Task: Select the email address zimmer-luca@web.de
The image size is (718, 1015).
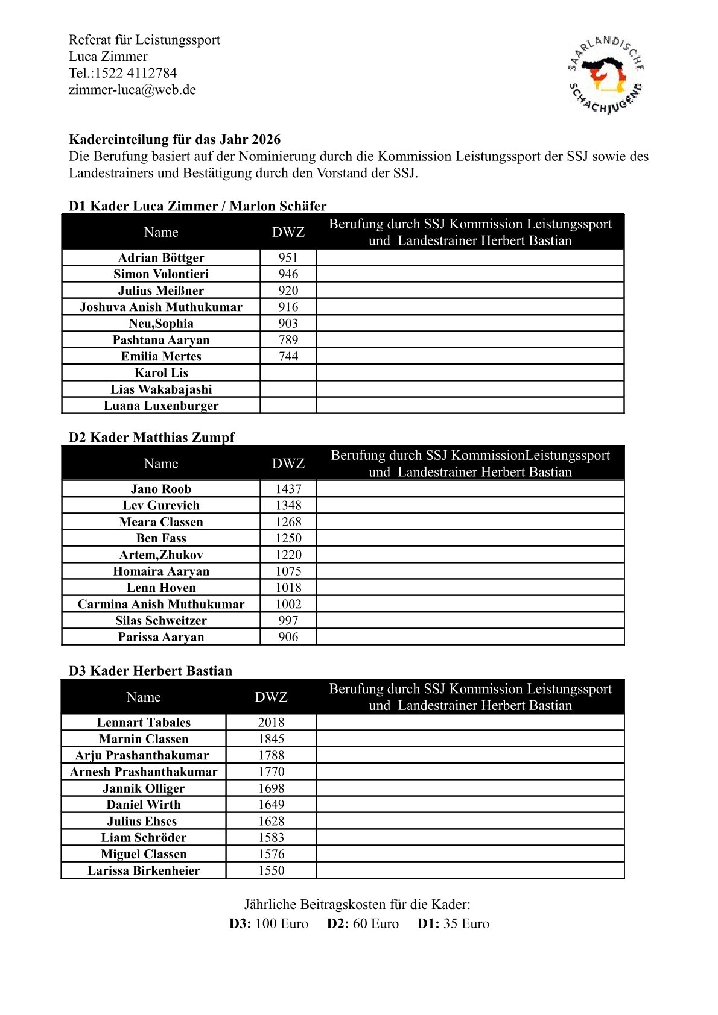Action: pyautogui.click(x=132, y=90)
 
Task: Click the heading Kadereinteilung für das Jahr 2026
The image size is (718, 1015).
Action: pyautogui.click(x=174, y=139)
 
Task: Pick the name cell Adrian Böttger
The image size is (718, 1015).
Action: pyautogui.click(x=161, y=257)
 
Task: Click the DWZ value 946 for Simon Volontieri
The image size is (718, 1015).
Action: pyautogui.click(x=288, y=274)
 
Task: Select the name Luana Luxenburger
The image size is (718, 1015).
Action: pyautogui.click(x=161, y=406)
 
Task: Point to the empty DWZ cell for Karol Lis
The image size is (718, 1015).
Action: pyautogui.click(x=288, y=372)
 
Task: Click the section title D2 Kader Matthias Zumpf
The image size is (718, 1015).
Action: pyautogui.click(x=151, y=437)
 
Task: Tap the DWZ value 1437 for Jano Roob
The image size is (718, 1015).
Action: pyautogui.click(x=288, y=489)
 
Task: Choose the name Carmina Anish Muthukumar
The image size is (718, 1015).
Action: pyautogui.click(x=161, y=604)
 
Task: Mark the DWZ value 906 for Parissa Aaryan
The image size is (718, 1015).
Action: pyautogui.click(x=288, y=637)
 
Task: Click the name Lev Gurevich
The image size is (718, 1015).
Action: pyautogui.click(x=161, y=505)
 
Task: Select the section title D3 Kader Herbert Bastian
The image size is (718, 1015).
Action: pyautogui.click(x=150, y=671)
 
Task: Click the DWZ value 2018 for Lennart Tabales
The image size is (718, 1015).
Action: pyautogui.click(x=271, y=722)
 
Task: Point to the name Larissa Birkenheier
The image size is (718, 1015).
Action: pyautogui.click(x=144, y=870)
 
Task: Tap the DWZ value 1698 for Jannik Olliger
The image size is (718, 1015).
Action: pyautogui.click(x=271, y=788)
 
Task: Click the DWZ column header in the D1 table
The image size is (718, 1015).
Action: pyautogui.click(x=288, y=232)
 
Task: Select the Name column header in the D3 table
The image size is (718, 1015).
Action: pyautogui.click(x=144, y=697)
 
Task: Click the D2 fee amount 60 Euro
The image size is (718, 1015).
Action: pyautogui.click(x=375, y=923)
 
